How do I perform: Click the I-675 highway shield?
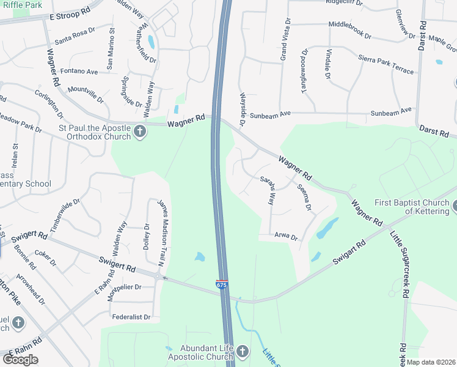(x=222, y=285)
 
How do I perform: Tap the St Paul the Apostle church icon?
(x=140, y=132)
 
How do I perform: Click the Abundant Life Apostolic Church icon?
(x=243, y=351)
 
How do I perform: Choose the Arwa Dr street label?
(x=285, y=237)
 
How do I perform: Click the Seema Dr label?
(x=304, y=199)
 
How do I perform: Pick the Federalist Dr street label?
(x=131, y=317)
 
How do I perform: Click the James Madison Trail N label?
(x=161, y=226)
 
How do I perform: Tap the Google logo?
(x=20, y=360)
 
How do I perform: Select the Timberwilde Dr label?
(x=65, y=214)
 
